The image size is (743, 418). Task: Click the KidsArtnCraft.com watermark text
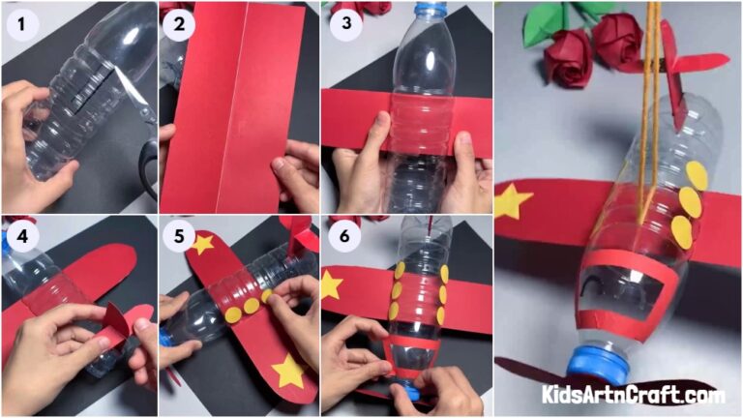(x=633, y=395)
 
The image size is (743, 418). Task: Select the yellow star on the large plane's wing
(x=512, y=201)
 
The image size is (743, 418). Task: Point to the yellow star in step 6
(x=332, y=284)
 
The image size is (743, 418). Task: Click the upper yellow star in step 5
(x=202, y=243)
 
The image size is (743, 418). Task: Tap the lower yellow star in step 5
(x=287, y=371)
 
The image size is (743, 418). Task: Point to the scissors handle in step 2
(x=150, y=164)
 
